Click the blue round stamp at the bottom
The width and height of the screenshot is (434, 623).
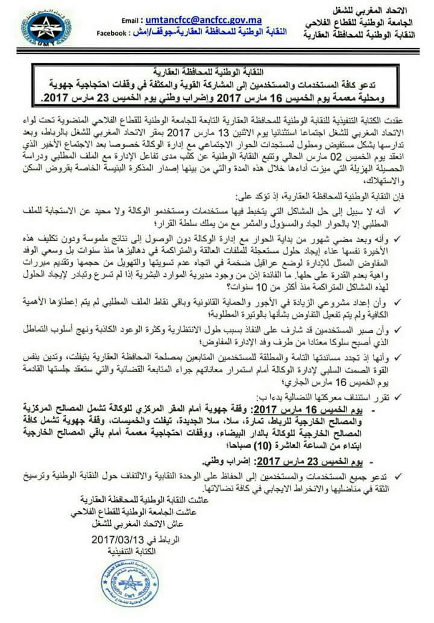(130, 583)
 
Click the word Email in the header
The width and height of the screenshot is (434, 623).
(132, 20)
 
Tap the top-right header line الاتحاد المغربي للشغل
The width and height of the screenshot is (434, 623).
(380, 11)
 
